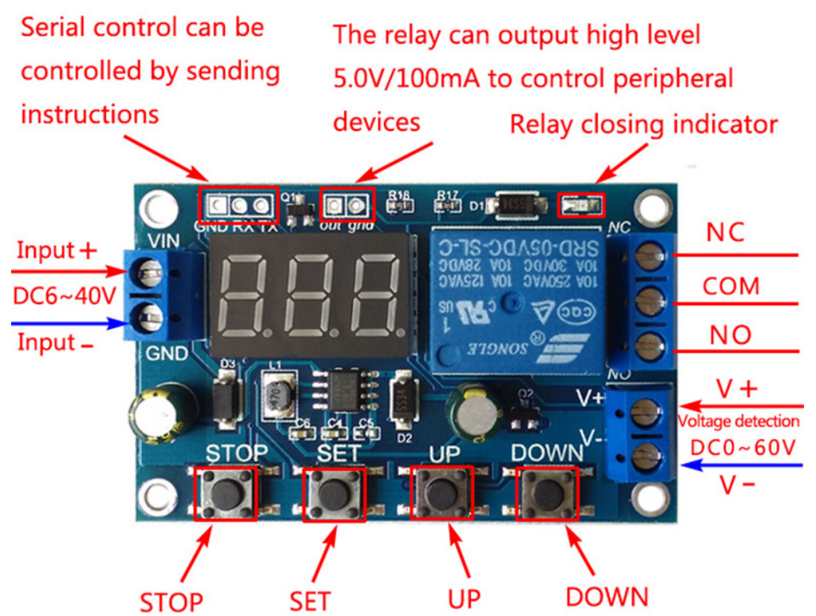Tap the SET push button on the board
333,494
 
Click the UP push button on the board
441,494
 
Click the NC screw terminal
651,256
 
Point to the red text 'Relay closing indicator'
643,124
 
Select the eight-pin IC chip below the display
344,390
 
